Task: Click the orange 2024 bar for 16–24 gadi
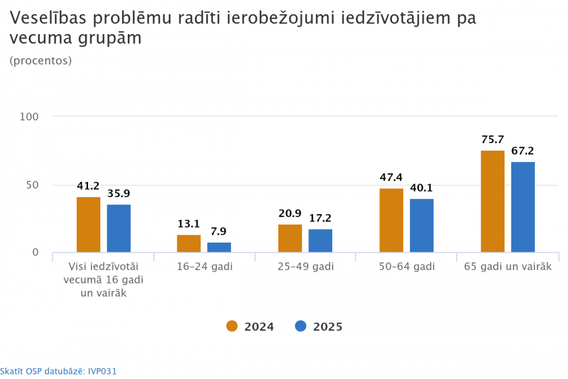point(189,244)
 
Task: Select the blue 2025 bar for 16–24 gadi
point(219,248)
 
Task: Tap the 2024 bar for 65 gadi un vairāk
point(492,202)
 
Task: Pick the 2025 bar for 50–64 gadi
point(421,226)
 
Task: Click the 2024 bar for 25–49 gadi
point(290,239)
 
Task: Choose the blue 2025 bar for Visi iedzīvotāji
point(119,228)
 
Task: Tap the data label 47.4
point(391,178)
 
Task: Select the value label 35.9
point(119,194)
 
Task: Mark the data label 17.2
point(320,218)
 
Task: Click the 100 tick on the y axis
point(29,116)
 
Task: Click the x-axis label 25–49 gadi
point(306,267)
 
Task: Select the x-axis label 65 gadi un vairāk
point(508,267)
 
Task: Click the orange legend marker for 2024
point(232,326)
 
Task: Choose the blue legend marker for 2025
point(301,326)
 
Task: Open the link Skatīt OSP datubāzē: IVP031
point(59,372)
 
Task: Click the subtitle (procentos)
point(41,61)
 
